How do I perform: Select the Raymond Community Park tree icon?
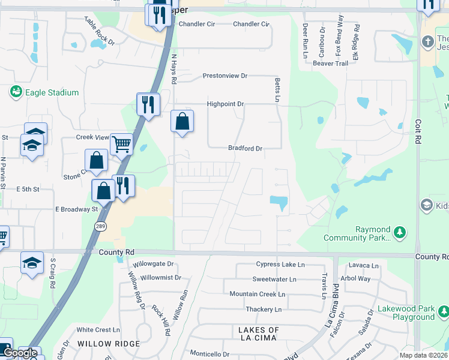point(401,232)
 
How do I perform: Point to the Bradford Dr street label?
point(245,148)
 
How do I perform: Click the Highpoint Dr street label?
point(225,104)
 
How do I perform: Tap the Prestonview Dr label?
point(224,76)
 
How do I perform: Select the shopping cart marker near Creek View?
point(121,143)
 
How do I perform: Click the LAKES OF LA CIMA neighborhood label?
point(259,335)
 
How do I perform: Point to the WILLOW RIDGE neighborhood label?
point(109,344)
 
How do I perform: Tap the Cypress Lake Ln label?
point(280,264)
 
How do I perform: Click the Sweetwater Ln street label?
point(274,279)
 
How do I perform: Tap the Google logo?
point(20,353)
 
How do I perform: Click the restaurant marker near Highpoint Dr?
point(147,104)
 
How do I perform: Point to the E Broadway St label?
point(76,209)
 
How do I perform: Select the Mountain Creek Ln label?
point(257,294)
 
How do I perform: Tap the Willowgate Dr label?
point(153,263)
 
